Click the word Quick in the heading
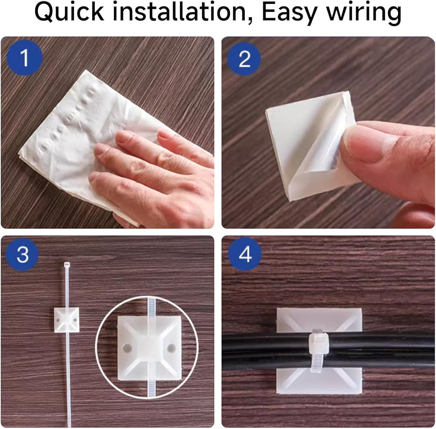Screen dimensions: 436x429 pyautogui.click(x=69, y=13)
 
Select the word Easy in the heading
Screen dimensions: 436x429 pyautogui.click(x=289, y=14)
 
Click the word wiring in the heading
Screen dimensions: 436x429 pyautogui.click(x=364, y=14)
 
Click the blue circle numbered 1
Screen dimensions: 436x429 pyautogui.click(x=24, y=58)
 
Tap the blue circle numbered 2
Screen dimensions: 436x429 pyautogui.click(x=244, y=59)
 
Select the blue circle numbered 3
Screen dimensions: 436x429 pyautogui.click(x=22, y=254)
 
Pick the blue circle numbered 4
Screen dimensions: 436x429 pyautogui.click(x=245, y=254)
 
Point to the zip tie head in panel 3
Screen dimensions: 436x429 pyautogui.click(x=67, y=264)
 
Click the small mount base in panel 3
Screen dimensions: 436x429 pyautogui.click(x=66, y=320)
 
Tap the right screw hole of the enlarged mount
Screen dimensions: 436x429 pyautogui.click(x=171, y=347)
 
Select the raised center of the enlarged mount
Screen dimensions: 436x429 pyautogui.click(x=150, y=347)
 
